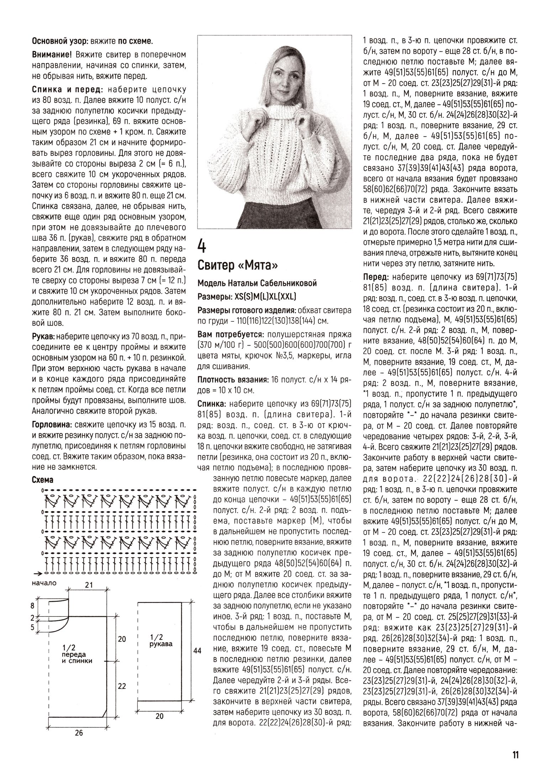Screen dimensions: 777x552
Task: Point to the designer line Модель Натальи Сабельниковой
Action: point(257,283)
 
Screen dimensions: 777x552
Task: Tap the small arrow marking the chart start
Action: point(37,573)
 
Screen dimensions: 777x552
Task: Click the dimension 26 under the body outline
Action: point(79,733)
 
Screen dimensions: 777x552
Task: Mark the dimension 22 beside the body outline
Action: point(122,686)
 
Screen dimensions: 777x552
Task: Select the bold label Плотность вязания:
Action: point(233,380)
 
